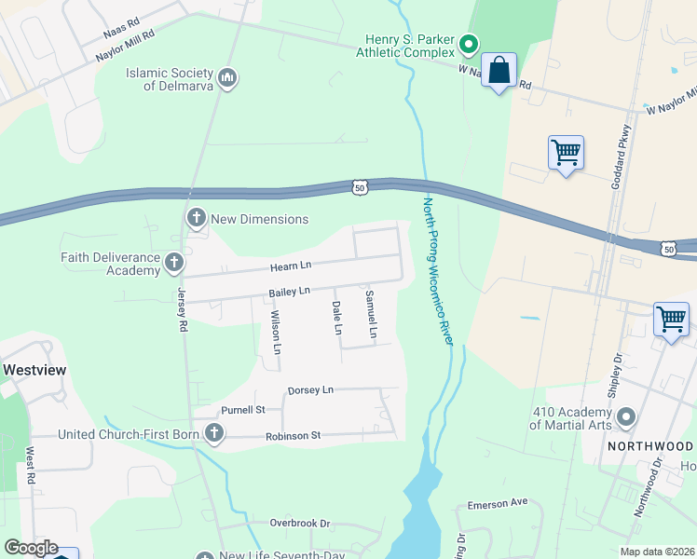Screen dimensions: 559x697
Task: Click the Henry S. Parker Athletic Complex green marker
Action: [470, 43]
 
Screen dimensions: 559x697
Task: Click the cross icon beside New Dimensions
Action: [196, 219]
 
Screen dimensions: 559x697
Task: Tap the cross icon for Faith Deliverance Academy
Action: [174, 263]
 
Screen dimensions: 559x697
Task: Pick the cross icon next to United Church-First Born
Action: [214, 433]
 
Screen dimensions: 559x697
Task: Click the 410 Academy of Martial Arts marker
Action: [625, 416]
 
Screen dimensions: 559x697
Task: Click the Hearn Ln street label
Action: [289, 266]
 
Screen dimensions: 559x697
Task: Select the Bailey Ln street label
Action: [289, 293]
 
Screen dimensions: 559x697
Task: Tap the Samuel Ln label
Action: [371, 314]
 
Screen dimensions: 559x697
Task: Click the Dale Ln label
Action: [337, 318]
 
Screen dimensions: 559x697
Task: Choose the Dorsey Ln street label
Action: [310, 389]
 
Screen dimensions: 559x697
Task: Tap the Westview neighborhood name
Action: [34, 370]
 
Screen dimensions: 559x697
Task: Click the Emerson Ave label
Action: [504, 502]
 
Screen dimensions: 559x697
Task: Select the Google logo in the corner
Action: [31, 548]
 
